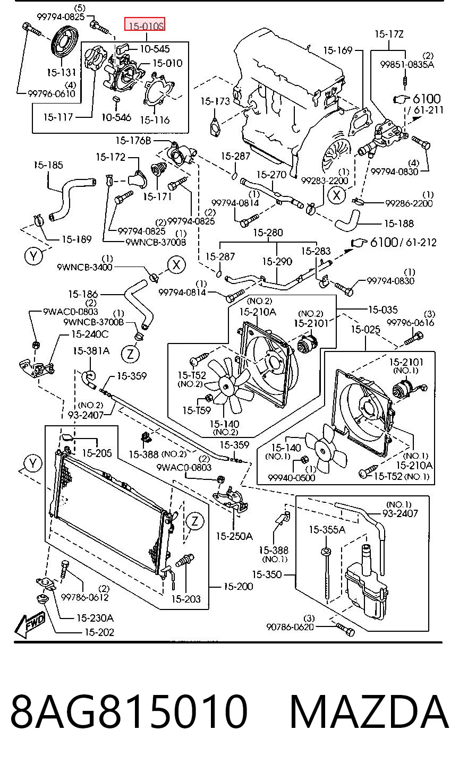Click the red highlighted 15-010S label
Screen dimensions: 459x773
pyautogui.click(x=144, y=24)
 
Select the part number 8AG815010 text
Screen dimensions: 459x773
pyautogui.click(x=129, y=711)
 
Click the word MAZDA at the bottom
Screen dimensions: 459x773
pyautogui.click(x=369, y=711)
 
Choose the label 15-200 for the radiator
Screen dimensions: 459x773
pyautogui.click(x=239, y=586)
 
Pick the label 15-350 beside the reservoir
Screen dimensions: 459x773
pyautogui.click(x=267, y=574)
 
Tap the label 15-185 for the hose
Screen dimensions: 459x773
pyautogui.click(x=48, y=165)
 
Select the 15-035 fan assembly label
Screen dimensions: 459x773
pyautogui.click(x=383, y=310)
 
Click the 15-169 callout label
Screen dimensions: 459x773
pyautogui.click(x=337, y=50)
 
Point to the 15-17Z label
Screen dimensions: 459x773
pyautogui.click(x=389, y=34)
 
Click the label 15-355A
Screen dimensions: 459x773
pyautogui.click(x=327, y=529)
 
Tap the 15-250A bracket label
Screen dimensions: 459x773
pyautogui.click(x=234, y=536)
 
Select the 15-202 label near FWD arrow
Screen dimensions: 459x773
pyautogui.click(x=99, y=632)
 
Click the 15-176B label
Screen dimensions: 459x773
pyautogui.click(x=133, y=141)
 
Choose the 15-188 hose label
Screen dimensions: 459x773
pyautogui.click(x=399, y=224)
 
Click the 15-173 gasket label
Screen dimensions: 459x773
pyautogui.click(x=215, y=101)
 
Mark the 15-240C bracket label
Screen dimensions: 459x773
pyautogui.click(x=90, y=334)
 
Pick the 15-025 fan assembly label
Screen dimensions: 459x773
pyautogui.click(x=365, y=330)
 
